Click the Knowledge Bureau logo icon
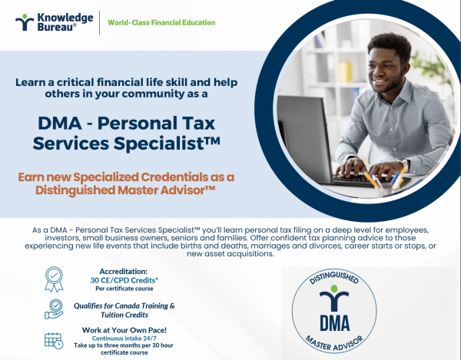(x=25, y=22)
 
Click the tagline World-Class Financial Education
(x=161, y=22)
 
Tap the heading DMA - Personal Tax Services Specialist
(x=127, y=133)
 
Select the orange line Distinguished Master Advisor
(x=125, y=190)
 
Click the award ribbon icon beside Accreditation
(x=54, y=279)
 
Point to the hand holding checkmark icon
(x=54, y=309)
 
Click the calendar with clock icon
(x=54, y=341)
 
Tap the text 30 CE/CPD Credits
(x=124, y=280)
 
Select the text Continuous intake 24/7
(x=124, y=339)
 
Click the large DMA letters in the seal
(x=334, y=322)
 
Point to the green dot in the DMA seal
(x=334, y=289)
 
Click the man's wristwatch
(x=404, y=165)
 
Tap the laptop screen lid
(x=304, y=137)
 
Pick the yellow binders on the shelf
(x=345, y=71)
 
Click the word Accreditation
(x=124, y=271)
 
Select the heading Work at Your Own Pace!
(x=124, y=330)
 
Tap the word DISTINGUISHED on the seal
(x=334, y=276)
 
